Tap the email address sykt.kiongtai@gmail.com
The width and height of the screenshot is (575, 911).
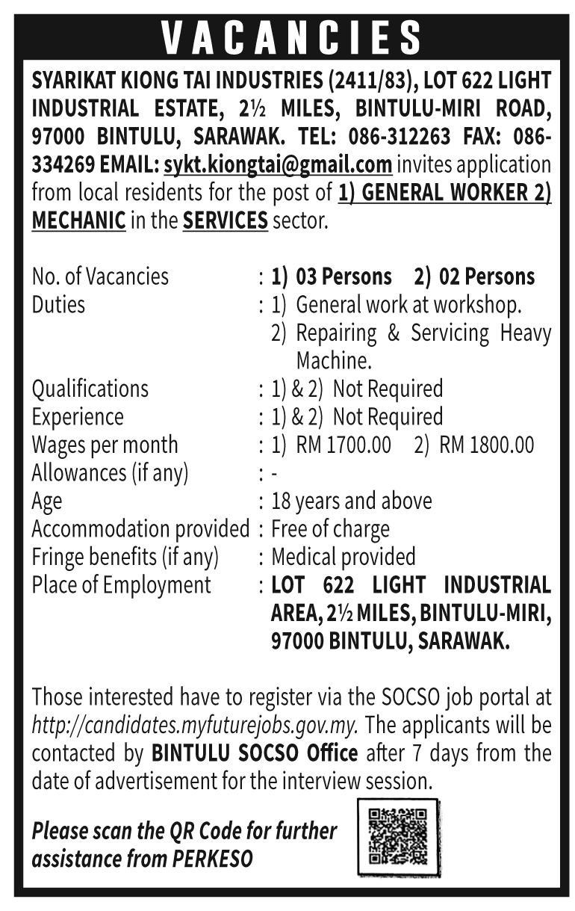click(x=278, y=164)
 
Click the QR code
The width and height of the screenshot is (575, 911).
click(x=398, y=836)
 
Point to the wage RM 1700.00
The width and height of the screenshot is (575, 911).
click(x=343, y=445)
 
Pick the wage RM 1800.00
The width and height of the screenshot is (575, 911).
click(x=487, y=445)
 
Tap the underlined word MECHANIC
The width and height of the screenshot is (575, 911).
click(x=78, y=220)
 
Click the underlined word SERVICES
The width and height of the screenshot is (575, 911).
click(x=225, y=220)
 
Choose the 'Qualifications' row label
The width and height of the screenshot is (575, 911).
click(x=90, y=389)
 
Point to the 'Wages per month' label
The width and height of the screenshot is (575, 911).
click(x=105, y=445)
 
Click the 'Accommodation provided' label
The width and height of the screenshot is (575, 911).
click(x=140, y=529)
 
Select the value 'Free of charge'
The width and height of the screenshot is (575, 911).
click(x=330, y=529)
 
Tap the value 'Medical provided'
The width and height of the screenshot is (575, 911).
click(x=344, y=557)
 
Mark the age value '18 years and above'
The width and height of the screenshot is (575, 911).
click(x=351, y=501)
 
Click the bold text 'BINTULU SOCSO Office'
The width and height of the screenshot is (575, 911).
click(x=255, y=752)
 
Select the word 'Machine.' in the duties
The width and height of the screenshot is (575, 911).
click(x=334, y=361)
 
